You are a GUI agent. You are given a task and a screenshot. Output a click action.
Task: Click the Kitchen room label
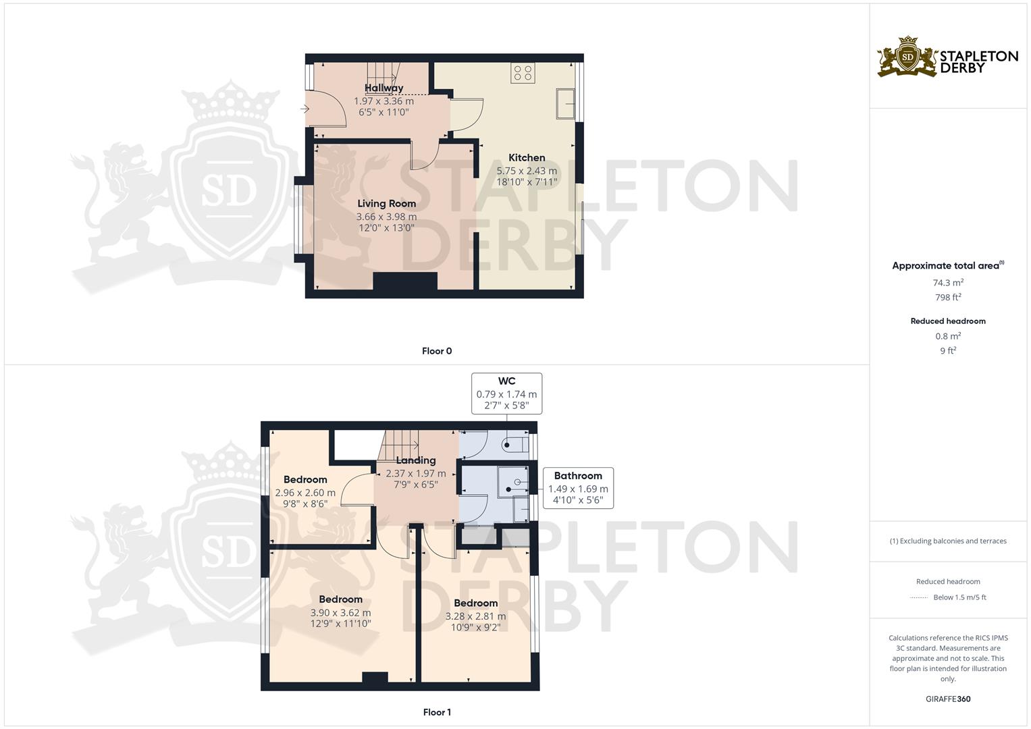[x=527, y=158]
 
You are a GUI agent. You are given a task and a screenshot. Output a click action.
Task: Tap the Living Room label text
[x=386, y=203]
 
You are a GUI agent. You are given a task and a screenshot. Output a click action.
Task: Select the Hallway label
[x=384, y=88]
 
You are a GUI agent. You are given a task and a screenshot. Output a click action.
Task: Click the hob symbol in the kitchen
[x=523, y=72]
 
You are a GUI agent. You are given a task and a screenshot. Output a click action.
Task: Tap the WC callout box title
[x=506, y=381]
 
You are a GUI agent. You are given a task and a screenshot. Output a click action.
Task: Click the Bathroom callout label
[x=578, y=476]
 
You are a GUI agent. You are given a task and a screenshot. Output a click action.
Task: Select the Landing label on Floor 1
[x=416, y=460]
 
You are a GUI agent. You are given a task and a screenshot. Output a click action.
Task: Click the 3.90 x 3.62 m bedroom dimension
[x=341, y=613]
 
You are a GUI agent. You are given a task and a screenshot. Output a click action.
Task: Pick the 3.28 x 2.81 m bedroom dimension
[x=475, y=616]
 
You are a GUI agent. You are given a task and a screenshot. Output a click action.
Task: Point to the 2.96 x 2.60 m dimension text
[x=305, y=493]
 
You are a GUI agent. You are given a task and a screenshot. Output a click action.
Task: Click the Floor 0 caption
[x=437, y=351]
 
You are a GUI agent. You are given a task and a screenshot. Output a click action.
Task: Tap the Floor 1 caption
[x=437, y=712]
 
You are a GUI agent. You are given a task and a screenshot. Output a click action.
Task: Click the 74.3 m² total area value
[x=948, y=283]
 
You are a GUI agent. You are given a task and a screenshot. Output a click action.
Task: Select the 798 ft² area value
[x=948, y=297]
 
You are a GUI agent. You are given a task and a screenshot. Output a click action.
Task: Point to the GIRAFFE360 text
[x=949, y=699]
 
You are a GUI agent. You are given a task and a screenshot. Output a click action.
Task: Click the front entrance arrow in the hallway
[x=305, y=108]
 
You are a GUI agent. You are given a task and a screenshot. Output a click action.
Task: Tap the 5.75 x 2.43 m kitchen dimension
[x=527, y=171]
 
